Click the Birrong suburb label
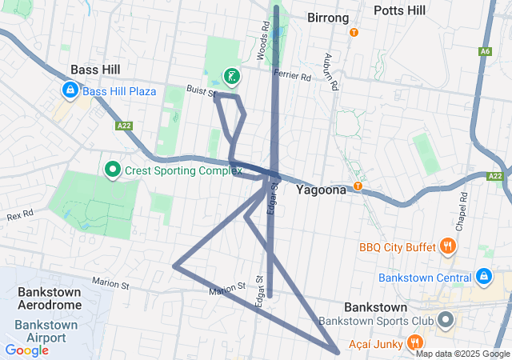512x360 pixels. pos(328,18)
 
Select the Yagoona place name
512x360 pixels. pos(321,190)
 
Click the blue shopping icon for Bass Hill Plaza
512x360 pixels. pos(70,91)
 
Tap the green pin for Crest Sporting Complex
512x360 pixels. pos(113,170)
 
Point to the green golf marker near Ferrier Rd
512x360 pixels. pos(231,77)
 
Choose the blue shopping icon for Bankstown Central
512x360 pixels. pos(483,278)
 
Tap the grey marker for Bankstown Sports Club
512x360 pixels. pos(446,322)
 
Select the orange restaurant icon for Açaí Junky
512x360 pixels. pos(415,344)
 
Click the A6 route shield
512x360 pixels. pos(485,51)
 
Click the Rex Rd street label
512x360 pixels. pos(20,216)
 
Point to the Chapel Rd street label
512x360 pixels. pos(462,207)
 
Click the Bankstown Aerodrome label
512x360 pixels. pos(49,298)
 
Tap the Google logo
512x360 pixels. pos(26,350)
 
